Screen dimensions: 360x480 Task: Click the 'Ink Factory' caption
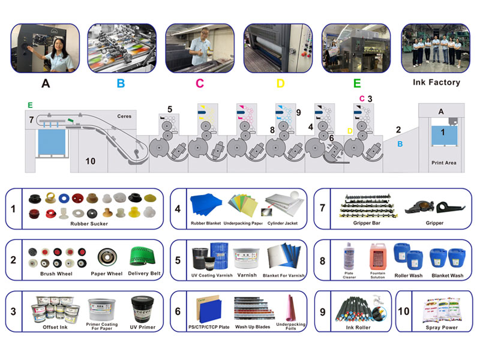(x=437, y=82)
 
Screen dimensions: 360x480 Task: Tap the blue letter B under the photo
(x=121, y=83)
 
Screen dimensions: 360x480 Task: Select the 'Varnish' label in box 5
(x=246, y=275)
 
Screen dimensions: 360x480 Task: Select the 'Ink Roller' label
(x=358, y=327)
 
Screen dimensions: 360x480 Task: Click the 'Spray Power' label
(x=441, y=327)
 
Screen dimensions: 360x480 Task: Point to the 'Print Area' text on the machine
(x=443, y=163)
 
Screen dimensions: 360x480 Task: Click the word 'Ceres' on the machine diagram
(x=124, y=116)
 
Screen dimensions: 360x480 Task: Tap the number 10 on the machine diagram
(x=91, y=161)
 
